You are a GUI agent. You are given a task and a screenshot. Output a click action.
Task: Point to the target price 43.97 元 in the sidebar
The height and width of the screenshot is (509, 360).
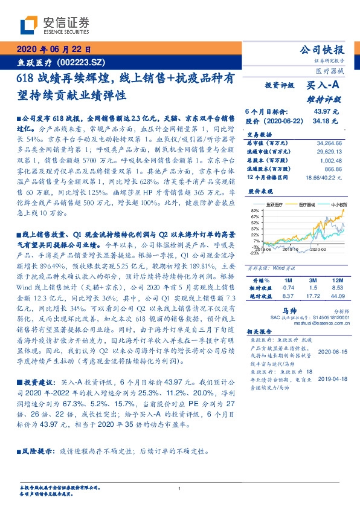(327, 112)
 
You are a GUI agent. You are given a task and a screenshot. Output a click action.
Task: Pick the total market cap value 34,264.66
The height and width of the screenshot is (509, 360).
(329, 141)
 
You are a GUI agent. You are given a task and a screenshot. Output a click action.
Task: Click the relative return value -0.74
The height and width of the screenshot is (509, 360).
(287, 288)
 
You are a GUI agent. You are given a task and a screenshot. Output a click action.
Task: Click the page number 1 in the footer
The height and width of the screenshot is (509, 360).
(179, 488)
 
